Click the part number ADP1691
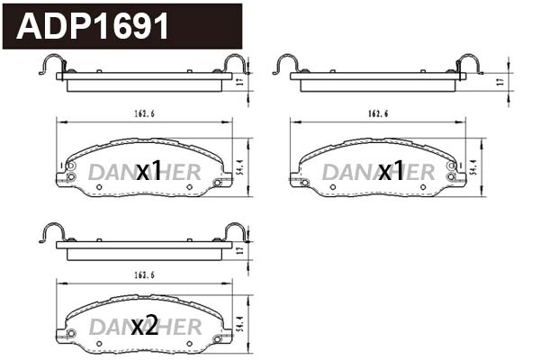[94, 27]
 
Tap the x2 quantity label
[144, 327]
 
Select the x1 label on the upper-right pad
[391, 171]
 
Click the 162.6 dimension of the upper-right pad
[378, 114]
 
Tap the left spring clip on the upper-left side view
[53, 64]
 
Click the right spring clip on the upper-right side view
[469, 64]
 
